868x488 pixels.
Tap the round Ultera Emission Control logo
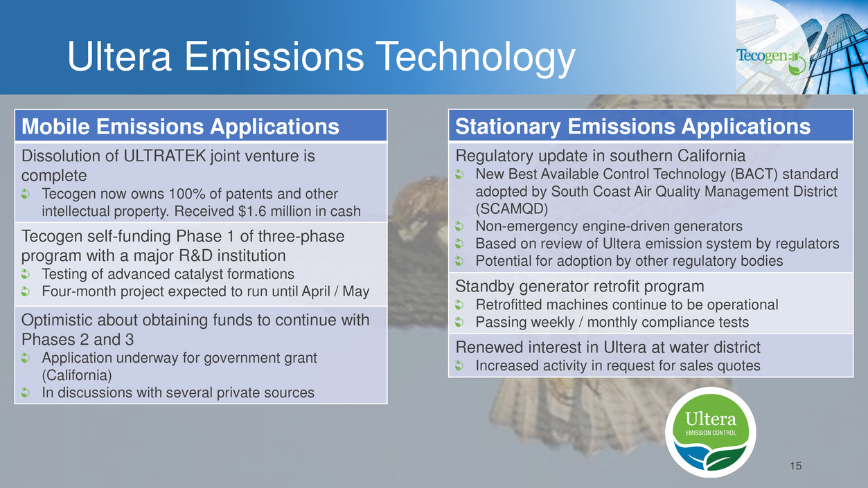710,432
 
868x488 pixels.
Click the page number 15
795,466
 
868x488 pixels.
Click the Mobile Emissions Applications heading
180,126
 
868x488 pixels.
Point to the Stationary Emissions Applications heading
632,126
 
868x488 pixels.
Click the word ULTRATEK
165,156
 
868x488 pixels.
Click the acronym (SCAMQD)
512,209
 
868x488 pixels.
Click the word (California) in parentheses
77,375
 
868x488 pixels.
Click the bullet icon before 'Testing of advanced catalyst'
26,274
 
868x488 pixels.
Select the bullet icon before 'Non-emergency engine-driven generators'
459,226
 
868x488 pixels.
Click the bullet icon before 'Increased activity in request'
459,365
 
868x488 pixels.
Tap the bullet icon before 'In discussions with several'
26,392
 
